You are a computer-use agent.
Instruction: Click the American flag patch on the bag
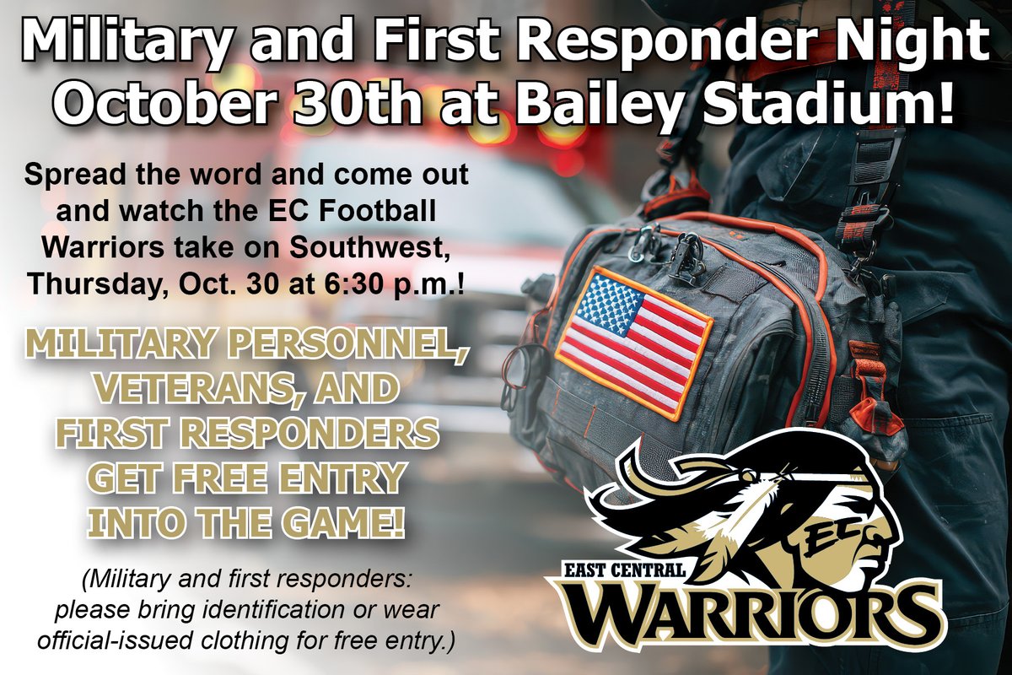point(633,342)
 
